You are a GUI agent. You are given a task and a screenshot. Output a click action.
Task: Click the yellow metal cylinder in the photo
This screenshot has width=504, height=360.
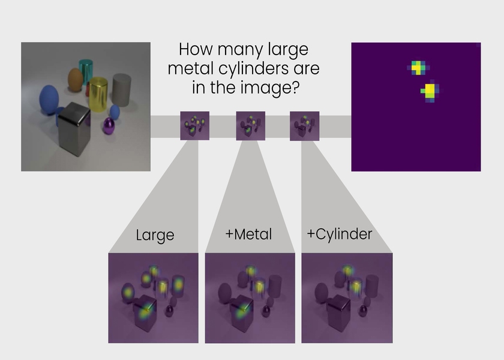click(98, 95)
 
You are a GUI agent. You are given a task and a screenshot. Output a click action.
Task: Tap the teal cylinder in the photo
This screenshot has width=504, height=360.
click(86, 71)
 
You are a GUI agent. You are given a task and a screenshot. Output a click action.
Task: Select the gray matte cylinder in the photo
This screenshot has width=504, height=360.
click(122, 90)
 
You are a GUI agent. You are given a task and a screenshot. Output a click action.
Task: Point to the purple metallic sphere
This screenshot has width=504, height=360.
click(109, 126)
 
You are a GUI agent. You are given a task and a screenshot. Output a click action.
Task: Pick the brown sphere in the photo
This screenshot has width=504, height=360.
click(76, 80)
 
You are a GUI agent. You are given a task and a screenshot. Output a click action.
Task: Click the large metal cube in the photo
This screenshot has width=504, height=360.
click(74, 129)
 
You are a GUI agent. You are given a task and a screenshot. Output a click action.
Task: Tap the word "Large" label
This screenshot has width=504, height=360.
click(155, 235)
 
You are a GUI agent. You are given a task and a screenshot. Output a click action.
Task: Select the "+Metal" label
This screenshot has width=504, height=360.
click(249, 234)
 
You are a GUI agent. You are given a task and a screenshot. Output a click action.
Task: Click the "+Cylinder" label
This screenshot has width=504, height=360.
click(340, 235)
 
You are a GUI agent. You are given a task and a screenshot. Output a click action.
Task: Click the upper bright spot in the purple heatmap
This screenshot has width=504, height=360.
click(417, 68)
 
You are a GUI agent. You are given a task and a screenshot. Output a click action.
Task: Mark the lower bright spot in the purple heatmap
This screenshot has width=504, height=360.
click(430, 91)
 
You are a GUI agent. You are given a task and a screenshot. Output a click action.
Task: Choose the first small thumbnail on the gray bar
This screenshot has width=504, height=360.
click(195, 125)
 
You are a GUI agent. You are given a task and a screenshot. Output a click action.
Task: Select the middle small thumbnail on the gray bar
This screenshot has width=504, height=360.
click(251, 125)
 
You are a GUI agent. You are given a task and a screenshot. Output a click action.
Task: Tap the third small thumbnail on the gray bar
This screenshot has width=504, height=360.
click(305, 126)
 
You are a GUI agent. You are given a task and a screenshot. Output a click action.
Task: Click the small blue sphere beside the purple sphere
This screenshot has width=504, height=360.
click(115, 112)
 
